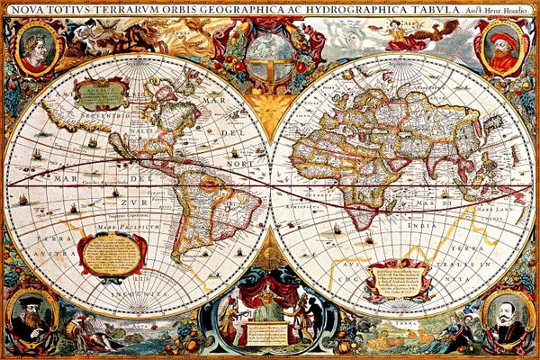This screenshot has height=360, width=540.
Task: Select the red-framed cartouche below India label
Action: (x=396, y=279)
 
